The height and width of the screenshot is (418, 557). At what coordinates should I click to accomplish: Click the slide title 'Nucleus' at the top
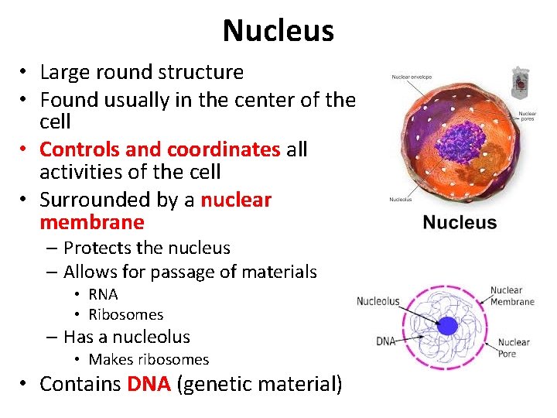278,31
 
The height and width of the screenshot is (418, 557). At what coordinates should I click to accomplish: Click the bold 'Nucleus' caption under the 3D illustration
460,223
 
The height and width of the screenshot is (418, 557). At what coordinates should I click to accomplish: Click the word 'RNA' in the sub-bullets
103,294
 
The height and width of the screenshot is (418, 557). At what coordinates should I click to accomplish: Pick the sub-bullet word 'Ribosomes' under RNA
126,314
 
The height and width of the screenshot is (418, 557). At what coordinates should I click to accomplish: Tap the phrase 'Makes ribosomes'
149,359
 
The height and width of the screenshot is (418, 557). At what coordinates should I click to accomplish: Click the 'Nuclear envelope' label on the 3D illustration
412,77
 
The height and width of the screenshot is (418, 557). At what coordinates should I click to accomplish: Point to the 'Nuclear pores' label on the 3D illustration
528,117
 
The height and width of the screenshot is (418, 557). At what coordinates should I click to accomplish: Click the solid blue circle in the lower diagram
447,325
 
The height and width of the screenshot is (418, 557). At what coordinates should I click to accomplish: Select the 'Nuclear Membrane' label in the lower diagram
511,296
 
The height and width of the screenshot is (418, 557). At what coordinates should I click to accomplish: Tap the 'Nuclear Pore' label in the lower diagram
514,348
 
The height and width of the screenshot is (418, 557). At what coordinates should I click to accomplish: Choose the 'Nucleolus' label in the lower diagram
378,301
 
